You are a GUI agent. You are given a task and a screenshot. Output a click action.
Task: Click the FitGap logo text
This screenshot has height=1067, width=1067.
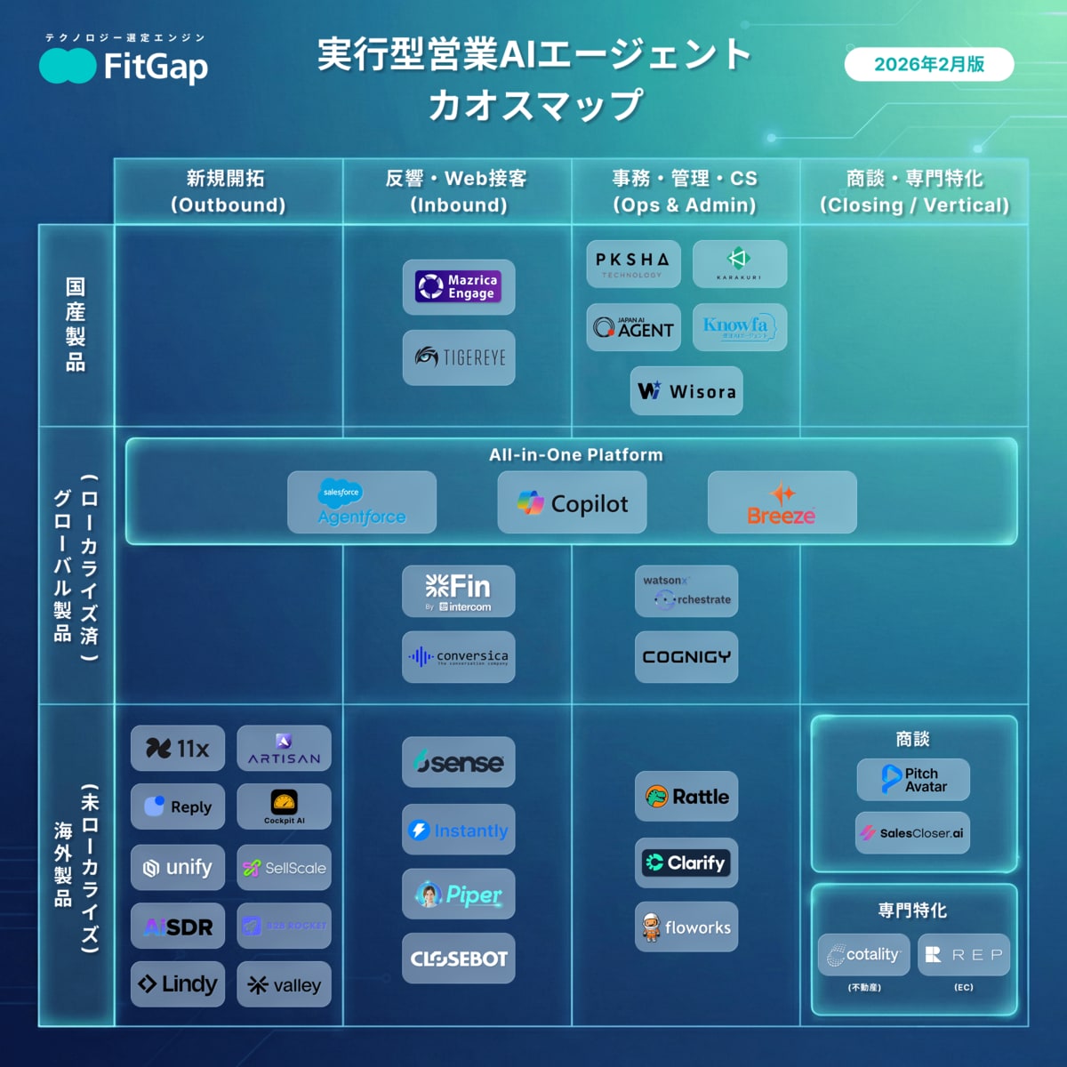[x=155, y=67]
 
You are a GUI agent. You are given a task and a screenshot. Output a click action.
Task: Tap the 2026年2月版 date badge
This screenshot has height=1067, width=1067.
[x=928, y=64]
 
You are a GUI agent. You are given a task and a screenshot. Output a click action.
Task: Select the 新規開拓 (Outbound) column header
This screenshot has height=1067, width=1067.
[x=228, y=191]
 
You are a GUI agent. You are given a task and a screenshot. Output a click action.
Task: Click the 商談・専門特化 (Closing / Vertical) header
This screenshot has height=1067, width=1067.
[x=914, y=191]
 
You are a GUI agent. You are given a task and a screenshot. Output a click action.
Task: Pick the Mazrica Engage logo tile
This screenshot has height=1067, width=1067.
[x=458, y=286]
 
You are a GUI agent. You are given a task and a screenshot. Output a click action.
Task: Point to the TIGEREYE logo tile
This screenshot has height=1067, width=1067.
[x=458, y=357]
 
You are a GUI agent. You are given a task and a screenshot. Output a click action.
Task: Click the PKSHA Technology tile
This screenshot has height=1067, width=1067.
[x=632, y=263]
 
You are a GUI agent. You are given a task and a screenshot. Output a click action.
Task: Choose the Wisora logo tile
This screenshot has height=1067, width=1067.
[x=686, y=390]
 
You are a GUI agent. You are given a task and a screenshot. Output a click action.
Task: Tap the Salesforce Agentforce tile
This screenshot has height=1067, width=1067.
[x=361, y=502]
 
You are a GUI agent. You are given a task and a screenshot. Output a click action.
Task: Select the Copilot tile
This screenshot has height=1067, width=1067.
[x=572, y=503]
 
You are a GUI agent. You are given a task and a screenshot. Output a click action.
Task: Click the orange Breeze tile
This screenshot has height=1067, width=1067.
[x=782, y=503]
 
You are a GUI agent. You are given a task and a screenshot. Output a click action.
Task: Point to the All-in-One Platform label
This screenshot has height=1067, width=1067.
[x=575, y=454]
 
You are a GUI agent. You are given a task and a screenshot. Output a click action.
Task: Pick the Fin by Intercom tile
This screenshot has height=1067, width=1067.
[x=458, y=591]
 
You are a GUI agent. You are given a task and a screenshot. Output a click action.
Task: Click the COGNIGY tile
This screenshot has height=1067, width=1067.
[x=686, y=657]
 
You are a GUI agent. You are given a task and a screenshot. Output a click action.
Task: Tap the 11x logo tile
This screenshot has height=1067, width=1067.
[x=177, y=749]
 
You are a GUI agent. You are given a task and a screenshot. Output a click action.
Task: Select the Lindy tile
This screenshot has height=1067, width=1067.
[x=177, y=984]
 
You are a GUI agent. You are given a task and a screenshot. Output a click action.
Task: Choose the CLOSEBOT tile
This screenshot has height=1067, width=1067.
[x=458, y=959]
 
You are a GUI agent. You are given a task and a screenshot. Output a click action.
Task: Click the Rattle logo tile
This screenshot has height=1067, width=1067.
[x=686, y=797]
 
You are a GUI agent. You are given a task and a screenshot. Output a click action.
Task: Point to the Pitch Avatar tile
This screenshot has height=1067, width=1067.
[x=912, y=780]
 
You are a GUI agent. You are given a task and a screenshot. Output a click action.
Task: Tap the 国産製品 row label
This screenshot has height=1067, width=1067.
[x=76, y=325]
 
